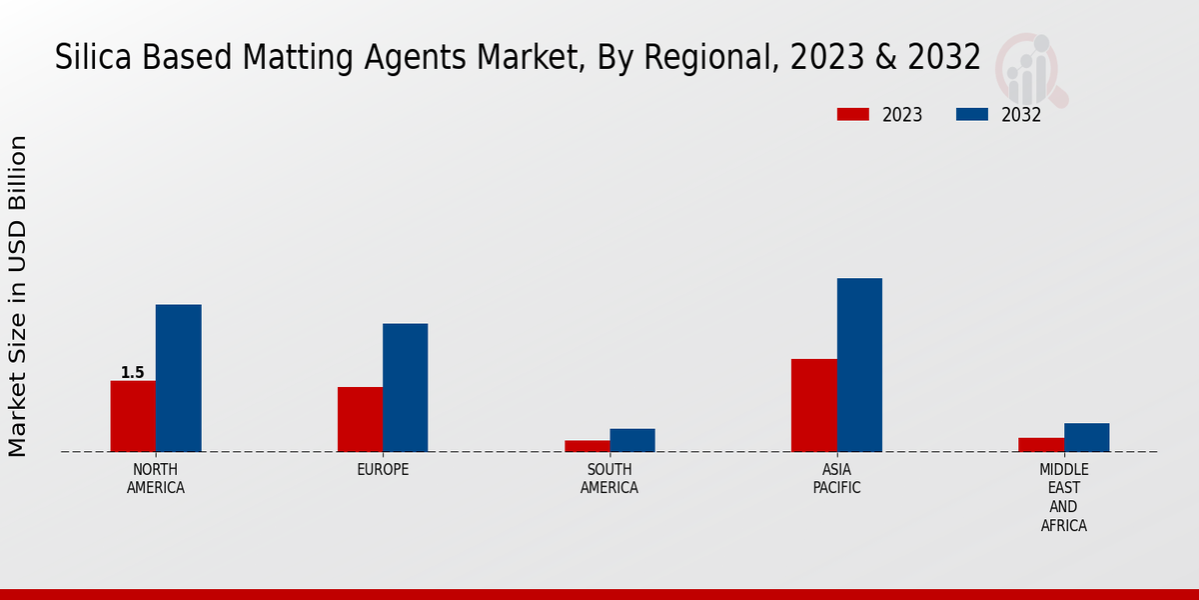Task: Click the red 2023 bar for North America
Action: pos(133,416)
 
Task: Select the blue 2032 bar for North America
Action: pos(179,378)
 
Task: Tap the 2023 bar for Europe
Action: pos(360,419)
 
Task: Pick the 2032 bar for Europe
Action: pos(406,387)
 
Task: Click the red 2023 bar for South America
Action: pos(588,446)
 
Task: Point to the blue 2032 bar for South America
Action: pos(632,440)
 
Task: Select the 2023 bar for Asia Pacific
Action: pos(814,405)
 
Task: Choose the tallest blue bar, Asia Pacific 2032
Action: pos(859,365)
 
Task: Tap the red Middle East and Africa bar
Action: pos(1041,445)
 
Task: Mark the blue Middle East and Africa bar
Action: pos(1087,437)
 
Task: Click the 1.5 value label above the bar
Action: pos(133,373)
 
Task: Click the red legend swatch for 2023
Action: pos(853,114)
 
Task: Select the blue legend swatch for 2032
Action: pos(972,114)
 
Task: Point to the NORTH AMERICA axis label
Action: pos(156,479)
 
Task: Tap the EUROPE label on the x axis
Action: pos(383,470)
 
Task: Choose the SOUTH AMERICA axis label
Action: pos(609,479)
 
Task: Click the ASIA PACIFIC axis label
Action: pos(836,479)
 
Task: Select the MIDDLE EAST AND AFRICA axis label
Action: pos(1064,497)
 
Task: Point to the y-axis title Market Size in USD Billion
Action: pos(18,296)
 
